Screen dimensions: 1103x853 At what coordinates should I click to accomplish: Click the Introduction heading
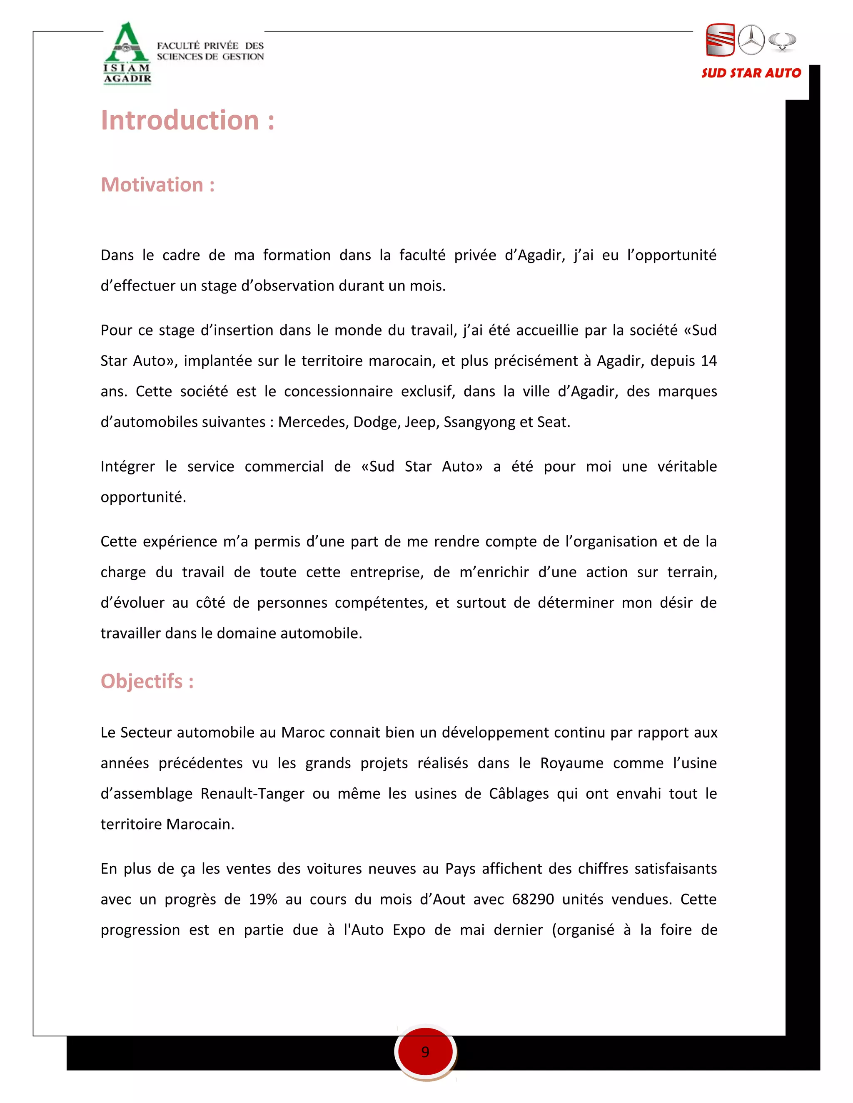point(187,121)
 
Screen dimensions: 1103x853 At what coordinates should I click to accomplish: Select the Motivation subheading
point(158,185)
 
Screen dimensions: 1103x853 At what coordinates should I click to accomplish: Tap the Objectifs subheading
point(147,681)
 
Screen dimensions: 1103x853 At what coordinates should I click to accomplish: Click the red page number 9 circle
point(426,1052)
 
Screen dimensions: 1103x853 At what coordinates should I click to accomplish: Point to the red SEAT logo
point(720,40)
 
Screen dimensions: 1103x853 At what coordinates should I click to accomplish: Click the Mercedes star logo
point(751,40)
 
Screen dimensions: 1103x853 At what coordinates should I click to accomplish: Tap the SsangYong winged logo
point(782,41)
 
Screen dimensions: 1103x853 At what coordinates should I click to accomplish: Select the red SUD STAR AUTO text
point(751,73)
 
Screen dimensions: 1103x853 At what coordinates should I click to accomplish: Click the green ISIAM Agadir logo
point(127,53)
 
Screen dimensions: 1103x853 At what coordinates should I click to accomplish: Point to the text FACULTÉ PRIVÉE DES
point(210,45)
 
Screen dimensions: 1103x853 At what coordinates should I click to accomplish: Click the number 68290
point(533,899)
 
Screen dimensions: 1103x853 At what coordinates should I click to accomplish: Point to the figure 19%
point(263,899)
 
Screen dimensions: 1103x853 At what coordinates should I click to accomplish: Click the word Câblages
point(519,794)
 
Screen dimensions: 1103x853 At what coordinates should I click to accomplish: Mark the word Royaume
point(571,763)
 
